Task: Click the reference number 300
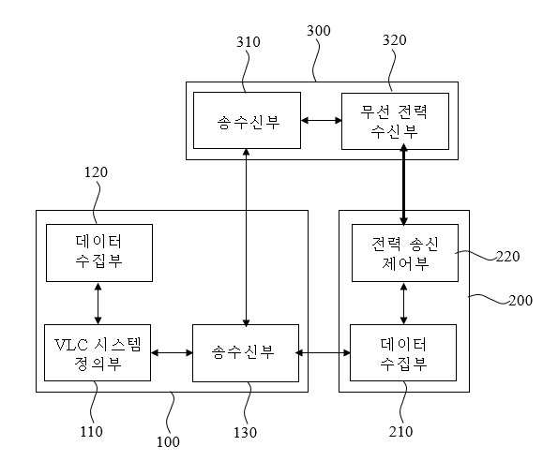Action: point(319,31)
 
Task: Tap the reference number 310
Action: point(249,42)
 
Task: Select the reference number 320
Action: point(395,40)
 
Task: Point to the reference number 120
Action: point(96,172)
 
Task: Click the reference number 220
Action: point(508,257)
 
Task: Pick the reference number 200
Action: point(520,300)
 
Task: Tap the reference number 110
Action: point(91,432)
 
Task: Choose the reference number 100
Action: point(168,441)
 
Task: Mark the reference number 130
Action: point(245,432)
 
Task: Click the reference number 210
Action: point(400,432)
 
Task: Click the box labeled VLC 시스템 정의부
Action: point(98,352)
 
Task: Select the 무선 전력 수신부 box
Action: point(395,121)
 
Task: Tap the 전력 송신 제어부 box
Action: point(405,253)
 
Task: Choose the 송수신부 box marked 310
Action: point(247,121)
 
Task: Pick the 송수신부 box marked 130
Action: point(246,353)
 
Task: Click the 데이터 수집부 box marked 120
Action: point(99,253)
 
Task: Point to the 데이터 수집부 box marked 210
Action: point(403,352)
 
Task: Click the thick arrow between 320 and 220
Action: point(403,186)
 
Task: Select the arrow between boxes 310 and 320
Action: point(322,121)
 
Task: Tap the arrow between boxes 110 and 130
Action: point(172,352)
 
